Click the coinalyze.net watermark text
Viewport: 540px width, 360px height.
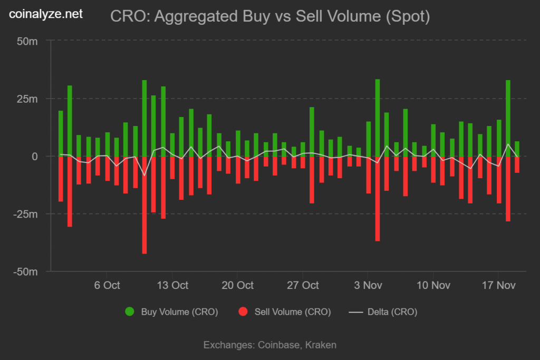46,14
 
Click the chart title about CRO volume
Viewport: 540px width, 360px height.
270,17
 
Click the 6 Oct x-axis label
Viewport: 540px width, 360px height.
107,285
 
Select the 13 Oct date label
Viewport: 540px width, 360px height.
172,285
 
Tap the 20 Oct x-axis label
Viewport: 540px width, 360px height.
237,285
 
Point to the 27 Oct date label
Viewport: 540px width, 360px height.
303,285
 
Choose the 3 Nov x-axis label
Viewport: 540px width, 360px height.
368,285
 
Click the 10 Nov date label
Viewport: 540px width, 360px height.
433,285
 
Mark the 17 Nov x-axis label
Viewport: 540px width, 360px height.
498,285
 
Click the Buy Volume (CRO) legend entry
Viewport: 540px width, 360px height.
172,312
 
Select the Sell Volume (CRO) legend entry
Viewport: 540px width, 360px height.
285,312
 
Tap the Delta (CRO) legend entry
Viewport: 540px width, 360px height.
383,312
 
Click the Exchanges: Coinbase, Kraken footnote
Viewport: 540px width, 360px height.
270,345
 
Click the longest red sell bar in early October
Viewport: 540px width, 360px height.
144,206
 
